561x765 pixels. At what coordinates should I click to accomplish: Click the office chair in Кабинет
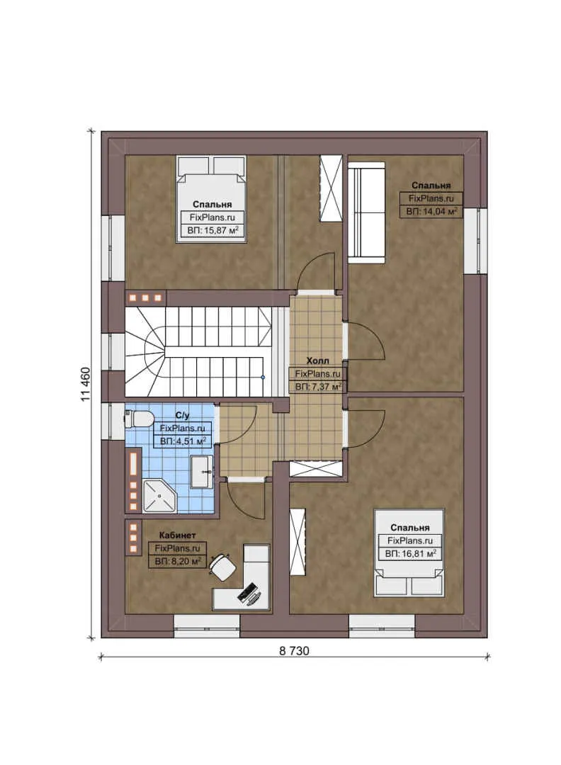coord(225,566)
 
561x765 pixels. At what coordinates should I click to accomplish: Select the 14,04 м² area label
coord(431,211)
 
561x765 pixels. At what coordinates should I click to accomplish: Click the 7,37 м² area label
coord(318,386)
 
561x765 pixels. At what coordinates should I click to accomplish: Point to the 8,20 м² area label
coord(177,562)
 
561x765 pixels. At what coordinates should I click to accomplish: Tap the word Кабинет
coord(177,535)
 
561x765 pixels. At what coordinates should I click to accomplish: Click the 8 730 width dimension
coord(294,650)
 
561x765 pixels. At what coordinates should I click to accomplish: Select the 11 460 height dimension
coord(86,385)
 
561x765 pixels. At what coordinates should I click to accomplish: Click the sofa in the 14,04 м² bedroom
coord(366,211)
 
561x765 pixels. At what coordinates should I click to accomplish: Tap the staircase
coord(199,351)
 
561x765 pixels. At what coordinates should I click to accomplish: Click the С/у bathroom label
coord(182,416)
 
